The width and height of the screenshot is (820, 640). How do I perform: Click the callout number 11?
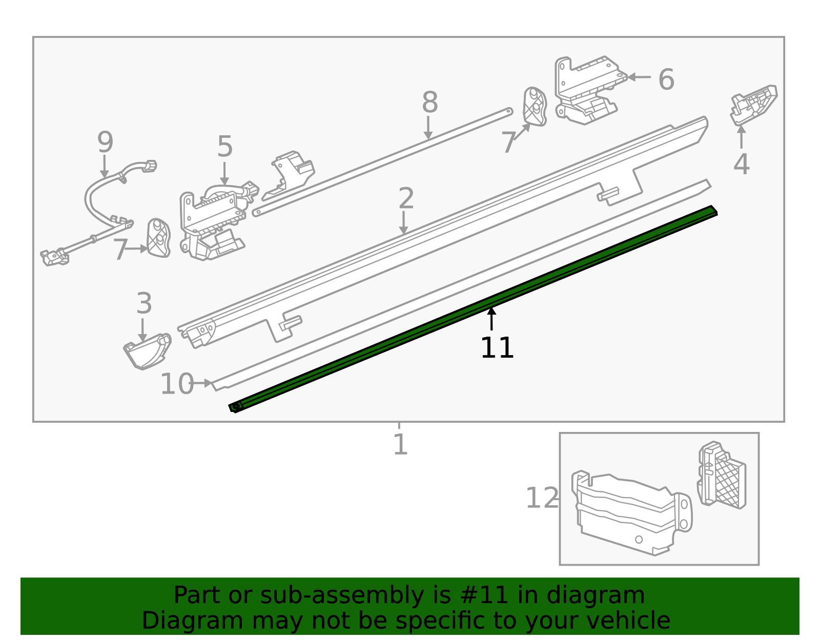[x=497, y=348]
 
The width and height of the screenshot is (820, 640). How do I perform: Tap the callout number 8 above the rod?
[x=429, y=102]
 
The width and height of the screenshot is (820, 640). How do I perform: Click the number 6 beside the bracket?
[x=666, y=80]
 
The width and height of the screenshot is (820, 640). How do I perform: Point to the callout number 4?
[x=741, y=164]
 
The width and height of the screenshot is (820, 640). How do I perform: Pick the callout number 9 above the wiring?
[x=105, y=142]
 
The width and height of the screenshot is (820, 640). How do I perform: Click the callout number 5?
[x=225, y=147]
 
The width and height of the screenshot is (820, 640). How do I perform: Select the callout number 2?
[x=406, y=199]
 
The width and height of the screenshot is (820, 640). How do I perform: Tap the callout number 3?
[x=144, y=304]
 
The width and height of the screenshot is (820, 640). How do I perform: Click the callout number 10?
[x=177, y=384]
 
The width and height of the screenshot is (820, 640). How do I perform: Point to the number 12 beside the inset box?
[x=542, y=498]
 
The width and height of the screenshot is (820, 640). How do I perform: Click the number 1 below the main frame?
[x=400, y=444]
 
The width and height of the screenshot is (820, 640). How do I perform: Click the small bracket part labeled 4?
[x=753, y=105]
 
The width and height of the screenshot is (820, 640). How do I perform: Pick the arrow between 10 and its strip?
[x=203, y=383]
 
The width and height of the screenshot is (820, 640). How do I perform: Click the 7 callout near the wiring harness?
[x=120, y=250]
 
